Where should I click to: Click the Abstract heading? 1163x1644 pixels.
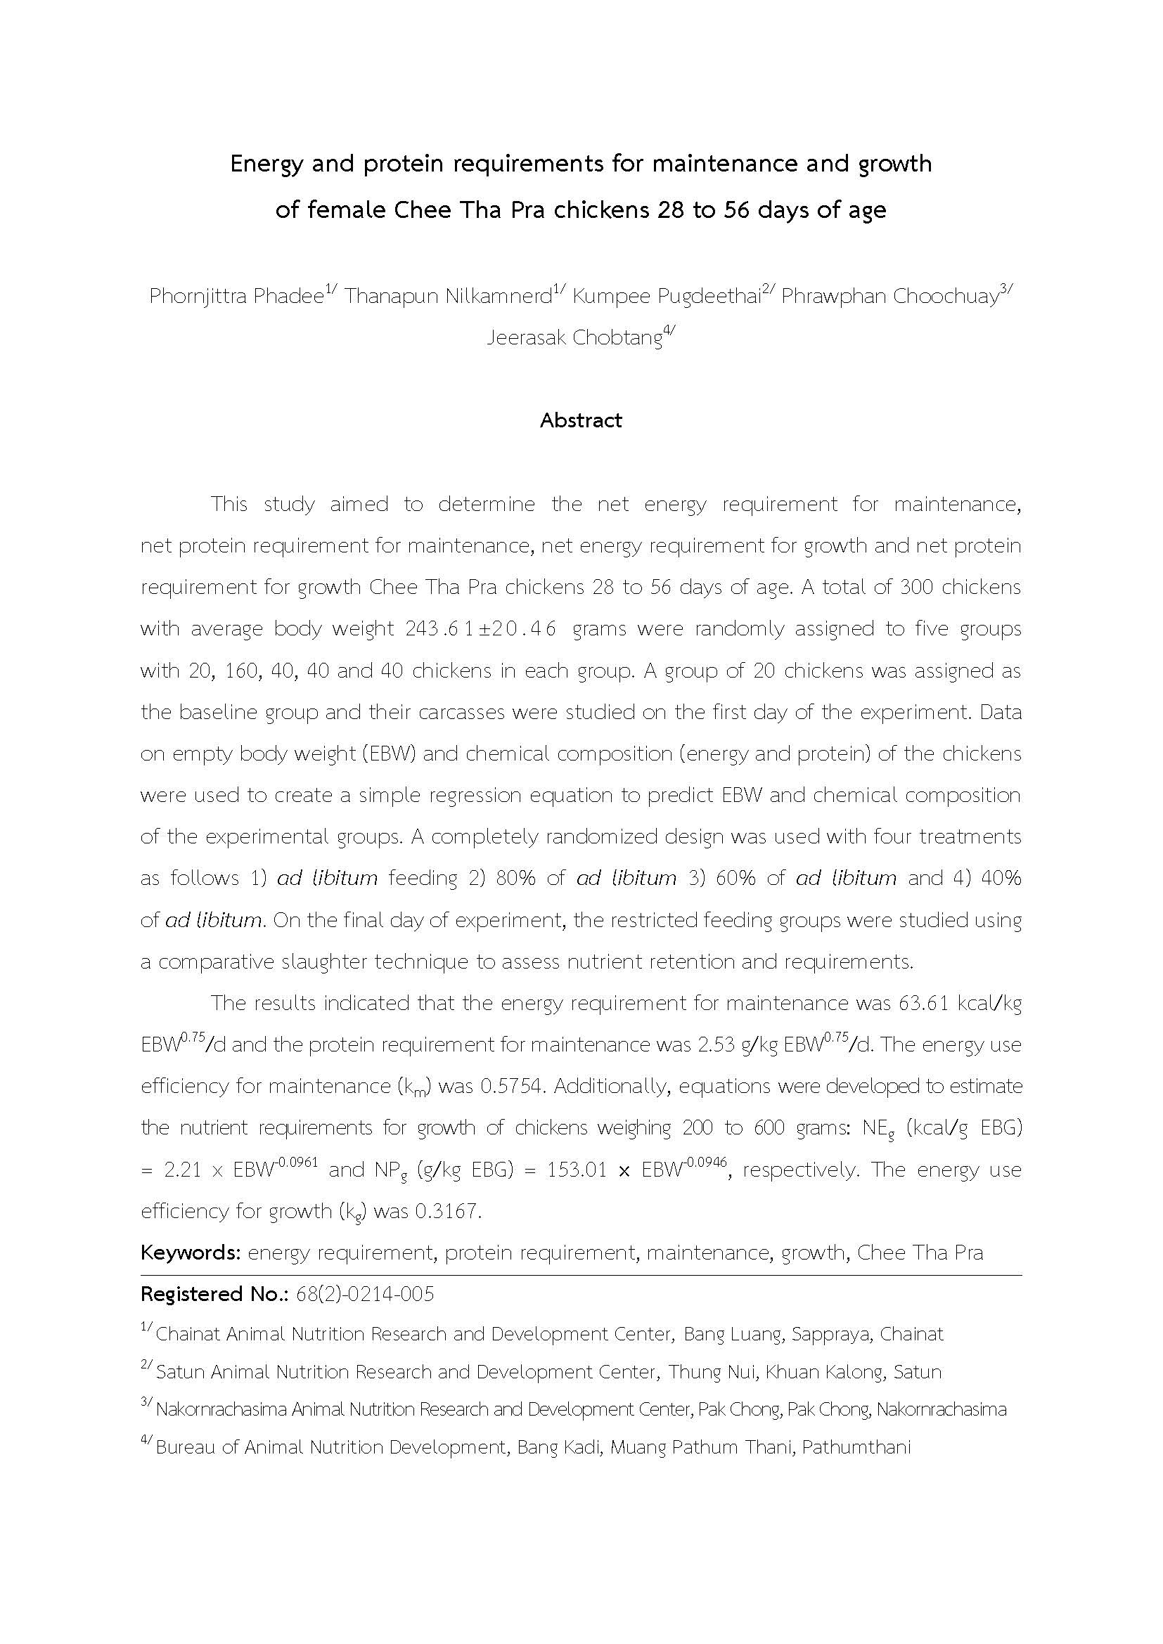pos(581,420)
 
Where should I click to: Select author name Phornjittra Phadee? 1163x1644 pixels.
pos(236,297)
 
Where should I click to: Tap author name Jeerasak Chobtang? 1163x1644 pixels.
pos(574,338)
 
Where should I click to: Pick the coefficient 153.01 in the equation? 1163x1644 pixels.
pos(577,1170)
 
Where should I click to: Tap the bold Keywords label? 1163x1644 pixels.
pos(191,1253)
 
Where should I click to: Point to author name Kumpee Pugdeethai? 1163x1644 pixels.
pos(666,297)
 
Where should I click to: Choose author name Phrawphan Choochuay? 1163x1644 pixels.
pos(889,297)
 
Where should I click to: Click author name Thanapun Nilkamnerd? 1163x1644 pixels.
pos(449,297)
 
